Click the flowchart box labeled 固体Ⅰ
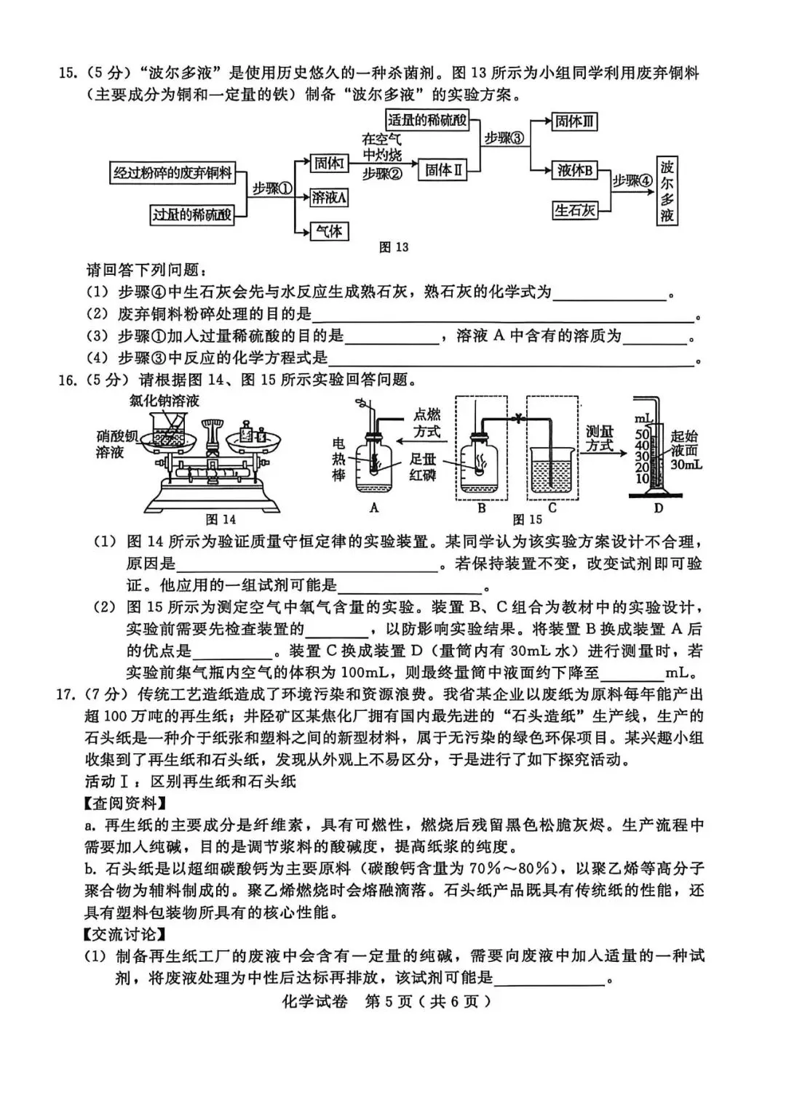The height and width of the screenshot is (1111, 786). coord(329,164)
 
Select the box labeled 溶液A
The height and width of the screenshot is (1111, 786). coord(329,196)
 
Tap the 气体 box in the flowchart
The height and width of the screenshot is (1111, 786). coord(329,231)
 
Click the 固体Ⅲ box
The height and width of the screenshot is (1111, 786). coord(575,121)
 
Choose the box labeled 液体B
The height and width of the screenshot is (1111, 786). coord(575,170)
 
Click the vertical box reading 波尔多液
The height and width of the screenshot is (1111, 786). coord(667,190)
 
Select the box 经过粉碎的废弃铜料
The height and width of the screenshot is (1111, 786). coord(172,172)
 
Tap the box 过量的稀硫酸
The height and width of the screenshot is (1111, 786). coord(192,214)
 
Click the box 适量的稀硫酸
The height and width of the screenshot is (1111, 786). coord(427,120)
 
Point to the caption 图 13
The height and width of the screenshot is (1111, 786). coord(394,247)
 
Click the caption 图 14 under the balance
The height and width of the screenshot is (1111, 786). coord(221,519)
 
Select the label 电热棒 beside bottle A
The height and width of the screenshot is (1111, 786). coord(338,459)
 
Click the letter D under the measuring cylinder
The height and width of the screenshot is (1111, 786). coord(658,508)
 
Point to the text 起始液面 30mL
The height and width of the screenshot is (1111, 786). coord(684,449)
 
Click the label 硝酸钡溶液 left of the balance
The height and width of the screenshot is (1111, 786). coord(116,444)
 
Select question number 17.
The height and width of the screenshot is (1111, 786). coord(67,694)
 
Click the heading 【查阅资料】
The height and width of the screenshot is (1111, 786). coord(124,803)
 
